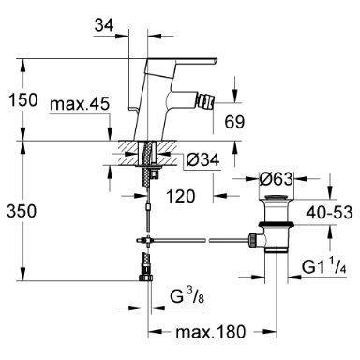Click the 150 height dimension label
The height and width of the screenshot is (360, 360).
[x=23, y=100]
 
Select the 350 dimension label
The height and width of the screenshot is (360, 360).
[x=22, y=211]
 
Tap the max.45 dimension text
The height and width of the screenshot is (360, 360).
[x=80, y=104]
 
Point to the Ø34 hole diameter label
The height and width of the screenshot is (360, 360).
[x=202, y=160]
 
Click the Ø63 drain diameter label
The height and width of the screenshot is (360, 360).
[x=277, y=179]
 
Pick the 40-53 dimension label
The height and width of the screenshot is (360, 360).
[x=329, y=213]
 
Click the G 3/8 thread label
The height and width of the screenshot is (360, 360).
[x=187, y=296]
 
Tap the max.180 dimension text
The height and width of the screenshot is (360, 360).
[x=211, y=332]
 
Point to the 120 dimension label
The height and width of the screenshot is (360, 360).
[x=181, y=196]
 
